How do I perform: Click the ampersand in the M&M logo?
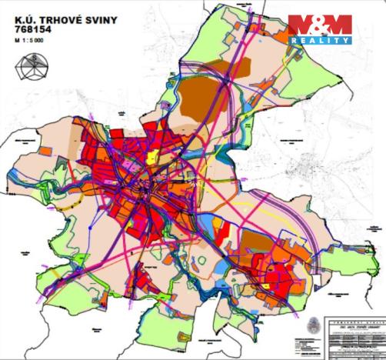(x=319, y=25)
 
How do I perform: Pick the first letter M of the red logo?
(x=299, y=25)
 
